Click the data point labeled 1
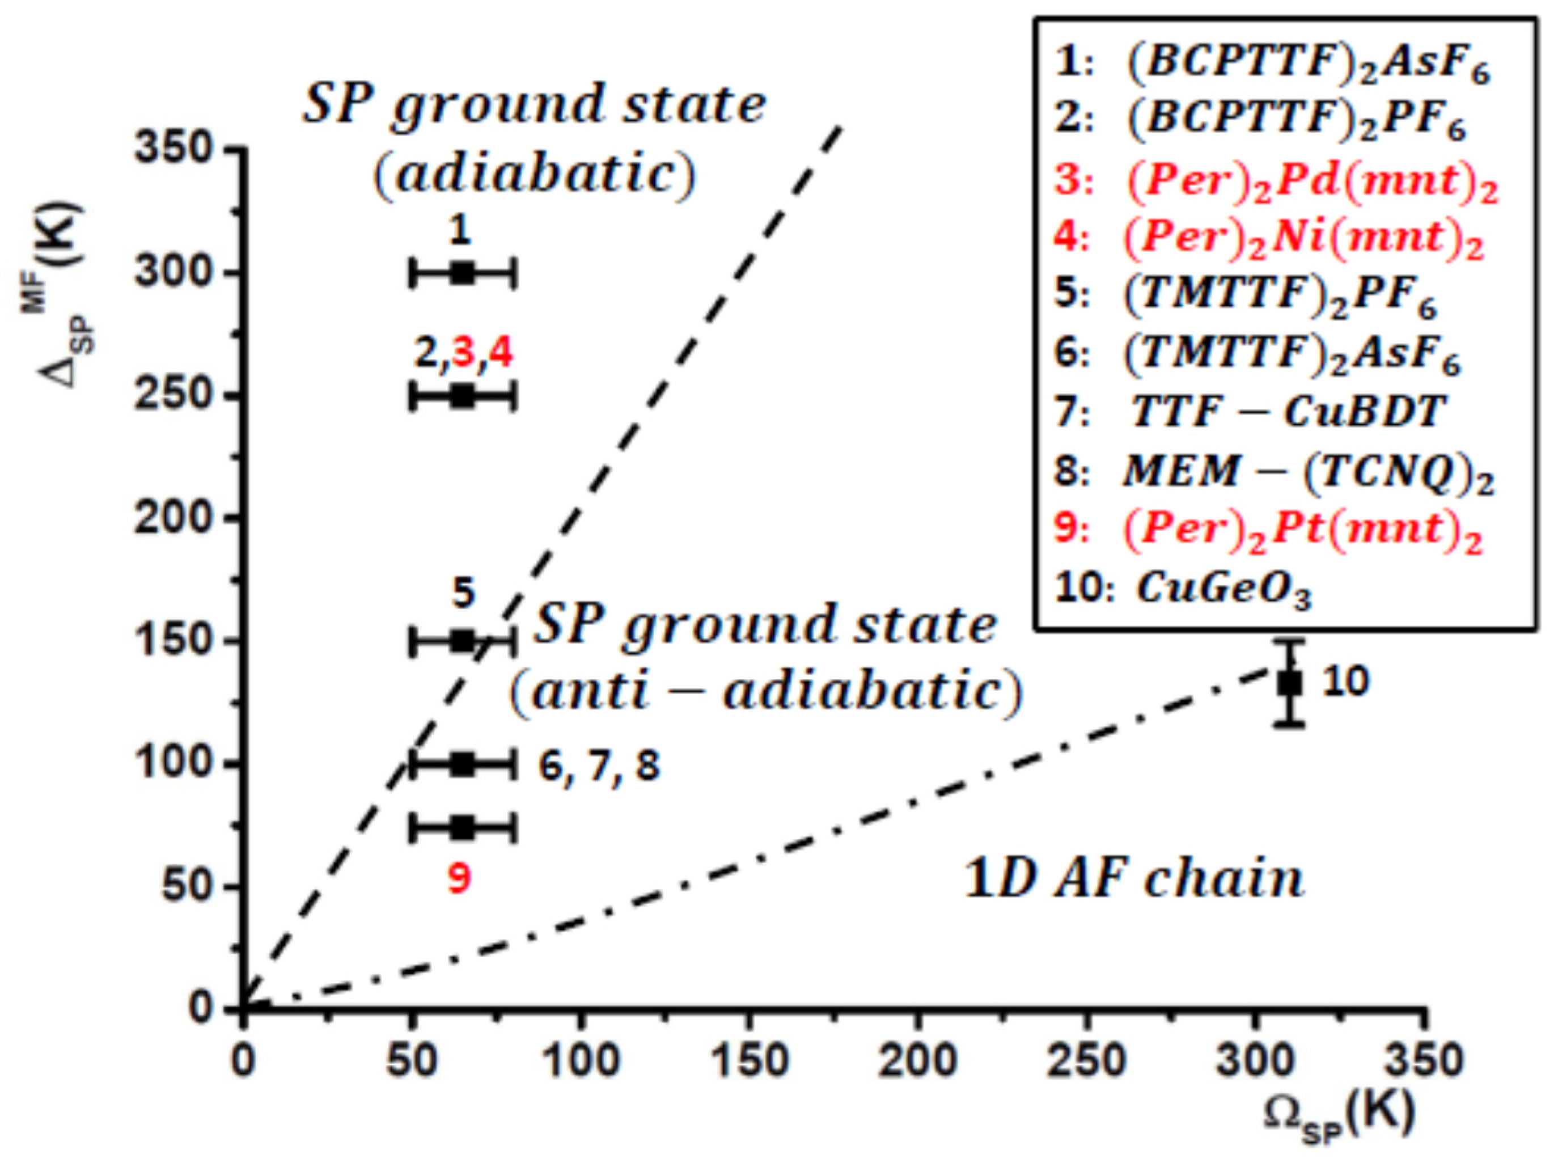462,272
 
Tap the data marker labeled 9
462,828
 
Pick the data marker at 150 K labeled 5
462,641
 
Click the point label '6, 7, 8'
599,766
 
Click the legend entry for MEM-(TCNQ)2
1274,470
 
